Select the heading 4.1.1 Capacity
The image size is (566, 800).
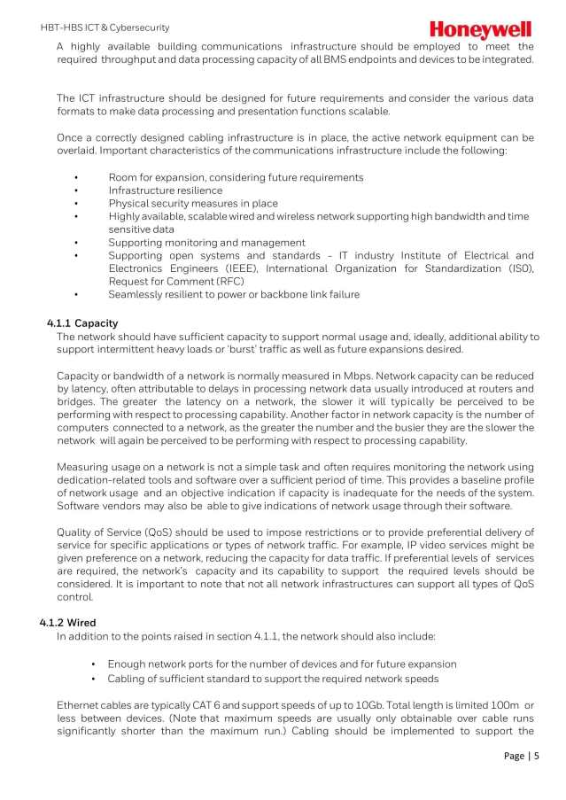click(82, 323)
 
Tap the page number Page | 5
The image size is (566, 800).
click(521, 756)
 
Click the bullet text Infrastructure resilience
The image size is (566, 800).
click(166, 190)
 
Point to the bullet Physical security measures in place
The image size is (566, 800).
click(192, 204)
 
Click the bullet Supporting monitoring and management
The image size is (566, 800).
click(206, 243)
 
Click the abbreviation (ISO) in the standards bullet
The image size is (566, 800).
click(519, 268)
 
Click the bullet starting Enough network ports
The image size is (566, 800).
click(282, 664)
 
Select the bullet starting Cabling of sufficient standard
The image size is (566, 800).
click(273, 679)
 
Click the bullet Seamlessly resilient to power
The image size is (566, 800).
click(234, 294)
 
